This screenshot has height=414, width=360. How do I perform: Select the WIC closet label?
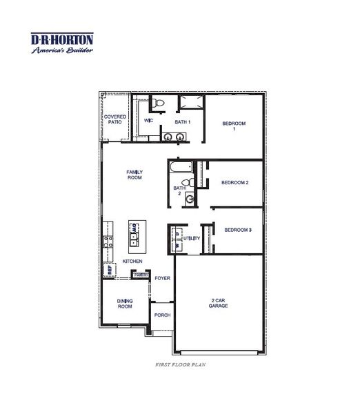[x=148, y=121]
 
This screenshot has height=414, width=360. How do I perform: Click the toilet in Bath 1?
[x=159, y=104]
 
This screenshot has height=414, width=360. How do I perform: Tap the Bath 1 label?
[x=182, y=122]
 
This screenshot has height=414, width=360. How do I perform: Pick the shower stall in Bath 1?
[x=191, y=103]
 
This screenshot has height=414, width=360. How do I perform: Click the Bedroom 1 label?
[x=234, y=126]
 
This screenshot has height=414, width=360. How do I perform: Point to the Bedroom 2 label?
[x=234, y=183]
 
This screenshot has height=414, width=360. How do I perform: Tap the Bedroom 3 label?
[x=237, y=230]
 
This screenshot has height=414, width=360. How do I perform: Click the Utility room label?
[x=192, y=239]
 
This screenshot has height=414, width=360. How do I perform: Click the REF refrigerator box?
[x=109, y=270]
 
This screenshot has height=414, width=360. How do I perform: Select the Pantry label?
[x=141, y=275]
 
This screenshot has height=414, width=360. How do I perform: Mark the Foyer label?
[x=162, y=279]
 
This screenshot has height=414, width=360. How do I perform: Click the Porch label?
[x=162, y=315]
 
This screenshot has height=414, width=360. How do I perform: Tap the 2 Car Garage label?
[x=219, y=304]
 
